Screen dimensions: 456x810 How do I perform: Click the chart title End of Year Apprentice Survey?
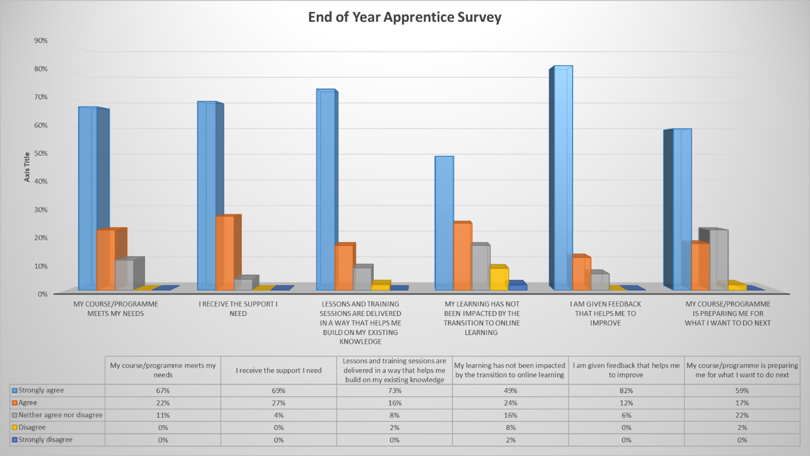404,17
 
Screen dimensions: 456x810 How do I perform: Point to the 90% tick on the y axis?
41,41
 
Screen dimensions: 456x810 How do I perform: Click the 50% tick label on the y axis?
41,153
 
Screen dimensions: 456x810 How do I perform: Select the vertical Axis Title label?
27,167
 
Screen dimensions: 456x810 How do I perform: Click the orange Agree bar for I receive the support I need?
225,252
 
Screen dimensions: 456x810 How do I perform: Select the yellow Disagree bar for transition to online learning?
498,278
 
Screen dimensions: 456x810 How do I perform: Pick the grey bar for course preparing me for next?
719,260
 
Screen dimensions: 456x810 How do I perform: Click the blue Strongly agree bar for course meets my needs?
88,199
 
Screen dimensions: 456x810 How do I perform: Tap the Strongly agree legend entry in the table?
41,390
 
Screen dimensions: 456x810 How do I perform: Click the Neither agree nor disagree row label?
60,415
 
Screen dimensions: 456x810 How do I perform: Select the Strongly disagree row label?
45,440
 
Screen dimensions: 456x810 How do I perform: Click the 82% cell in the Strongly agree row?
626,391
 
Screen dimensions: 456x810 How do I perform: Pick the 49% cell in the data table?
510,391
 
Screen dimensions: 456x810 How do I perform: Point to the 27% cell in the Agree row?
279,403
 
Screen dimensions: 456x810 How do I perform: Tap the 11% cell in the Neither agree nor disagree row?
163,415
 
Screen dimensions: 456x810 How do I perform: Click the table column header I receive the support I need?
279,371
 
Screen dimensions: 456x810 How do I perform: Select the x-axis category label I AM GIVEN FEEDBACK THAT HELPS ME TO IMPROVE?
605,313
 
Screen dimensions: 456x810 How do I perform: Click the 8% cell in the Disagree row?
510,428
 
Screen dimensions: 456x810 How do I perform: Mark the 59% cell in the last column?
742,391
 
